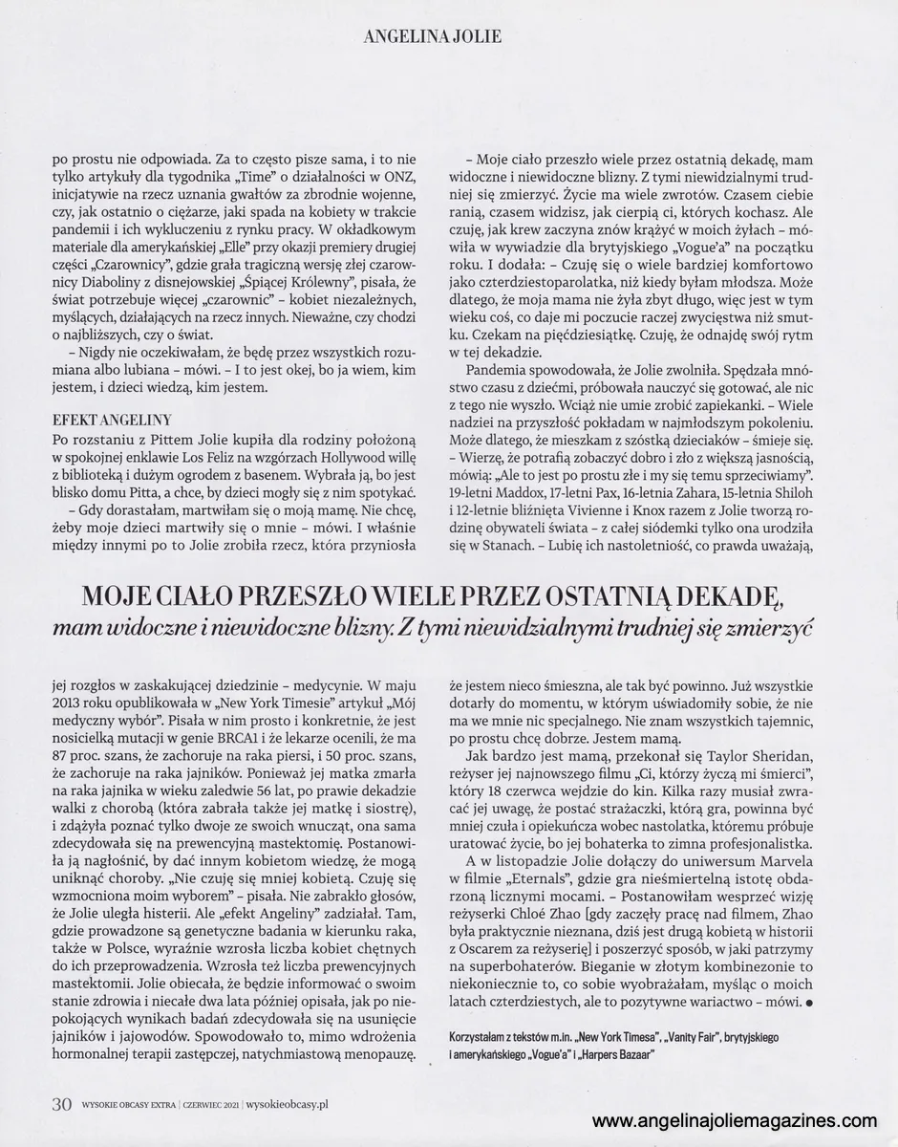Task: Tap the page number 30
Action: point(61,1103)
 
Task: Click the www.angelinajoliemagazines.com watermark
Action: point(736,1120)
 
